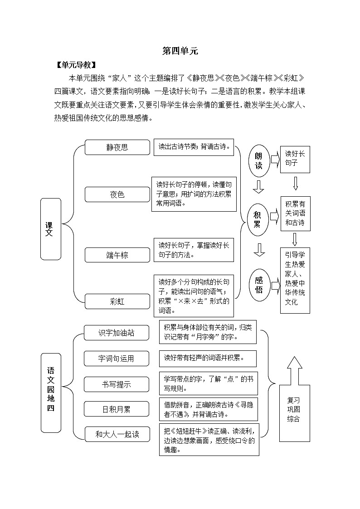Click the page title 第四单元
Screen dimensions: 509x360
click(180, 51)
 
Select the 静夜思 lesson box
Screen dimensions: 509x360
click(117, 147)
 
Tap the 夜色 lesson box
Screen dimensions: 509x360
click(117, 194)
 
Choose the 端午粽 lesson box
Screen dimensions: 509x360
click(117, 255)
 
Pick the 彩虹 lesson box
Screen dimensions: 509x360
click(117, 301)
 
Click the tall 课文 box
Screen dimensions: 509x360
click(50, 229)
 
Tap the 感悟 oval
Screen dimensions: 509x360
click(259, 284)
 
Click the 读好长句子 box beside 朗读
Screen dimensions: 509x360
click(295, 159)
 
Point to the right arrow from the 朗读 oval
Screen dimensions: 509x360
click(275, 160)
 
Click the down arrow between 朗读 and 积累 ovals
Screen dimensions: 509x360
click(258, 186)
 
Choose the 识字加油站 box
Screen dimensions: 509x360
click(116, 333)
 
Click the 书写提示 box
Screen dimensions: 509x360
click(116, 384)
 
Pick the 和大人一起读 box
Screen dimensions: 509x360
click(117, 434)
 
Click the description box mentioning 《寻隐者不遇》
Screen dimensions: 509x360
click(208, 409)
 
